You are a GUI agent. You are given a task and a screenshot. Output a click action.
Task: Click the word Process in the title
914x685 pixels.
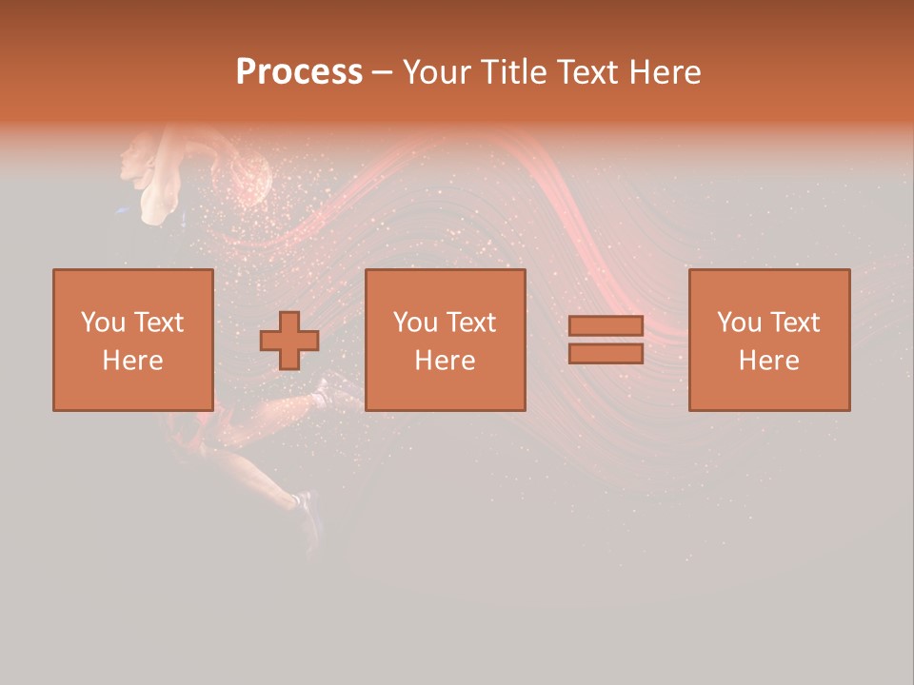pyautogui.click(x=299, y=72)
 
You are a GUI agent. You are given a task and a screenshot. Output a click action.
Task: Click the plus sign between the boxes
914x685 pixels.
pyautogui.click(x=289, y=341)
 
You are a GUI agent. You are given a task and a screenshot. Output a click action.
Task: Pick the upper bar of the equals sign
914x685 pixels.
pyautogui.click(x=606, y=326)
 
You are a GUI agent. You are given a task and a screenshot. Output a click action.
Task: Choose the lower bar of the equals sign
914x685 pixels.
pyautogui.click(x=606, y=354)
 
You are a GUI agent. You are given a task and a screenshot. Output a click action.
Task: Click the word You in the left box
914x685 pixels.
pyautogui.click(x=102, y=323)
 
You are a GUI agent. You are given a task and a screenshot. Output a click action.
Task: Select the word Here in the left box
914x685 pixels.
pyautogui.click(x=132, y=361)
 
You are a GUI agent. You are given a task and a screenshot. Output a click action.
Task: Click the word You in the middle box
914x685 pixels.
pyautogui.click(x=414, y=323)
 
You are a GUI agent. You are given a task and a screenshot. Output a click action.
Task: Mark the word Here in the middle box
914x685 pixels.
pyautogui.click(x=445, y=361)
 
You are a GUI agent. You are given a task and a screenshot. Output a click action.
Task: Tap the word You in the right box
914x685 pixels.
pyautogui.click(x=738, y=323)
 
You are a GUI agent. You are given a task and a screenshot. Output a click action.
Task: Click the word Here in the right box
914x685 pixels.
pyautogui.click(x=768, y=361)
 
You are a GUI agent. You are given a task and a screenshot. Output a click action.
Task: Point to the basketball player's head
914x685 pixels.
pyautogui.click(x=138, y=157)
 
